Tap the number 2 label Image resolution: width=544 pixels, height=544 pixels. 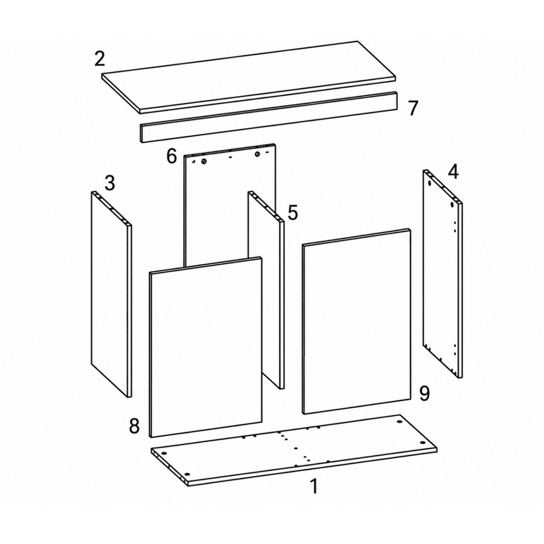pos(99,58)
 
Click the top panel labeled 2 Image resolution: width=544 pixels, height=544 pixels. pos(248,78)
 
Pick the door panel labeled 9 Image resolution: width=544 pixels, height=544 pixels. pos(356,321)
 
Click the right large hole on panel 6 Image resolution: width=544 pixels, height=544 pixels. pos(257,154)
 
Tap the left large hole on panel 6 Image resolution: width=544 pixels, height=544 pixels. pos(204,161)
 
